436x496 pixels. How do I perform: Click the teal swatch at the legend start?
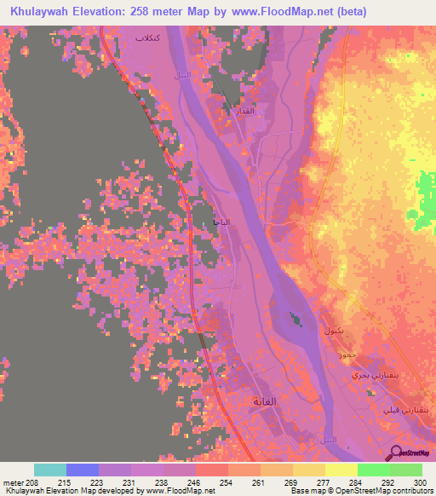(x=50, y=470)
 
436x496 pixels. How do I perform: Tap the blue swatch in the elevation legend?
(x=83, y=470)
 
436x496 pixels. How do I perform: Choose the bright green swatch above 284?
(x=373, y=470)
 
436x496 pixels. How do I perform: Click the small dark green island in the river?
(x=295, y=320)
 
